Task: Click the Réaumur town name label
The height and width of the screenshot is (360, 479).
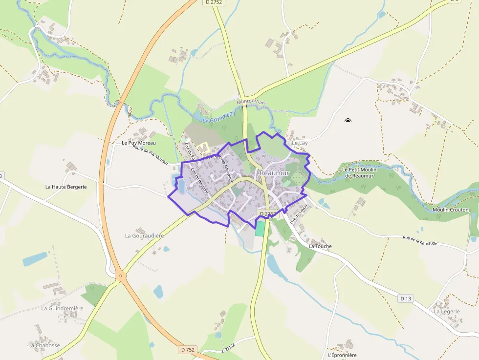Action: [275, 173]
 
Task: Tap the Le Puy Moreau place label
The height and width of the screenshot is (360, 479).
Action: [138, 143]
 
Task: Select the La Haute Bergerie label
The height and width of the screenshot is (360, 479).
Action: [66, 187]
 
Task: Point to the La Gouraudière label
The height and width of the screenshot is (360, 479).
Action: [144, 235]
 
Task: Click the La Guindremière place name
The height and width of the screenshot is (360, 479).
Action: [62, 308]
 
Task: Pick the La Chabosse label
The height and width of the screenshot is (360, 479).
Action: [44, 345]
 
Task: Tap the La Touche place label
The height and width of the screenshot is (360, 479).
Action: [320, 246]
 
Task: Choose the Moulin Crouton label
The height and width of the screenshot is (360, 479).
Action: [450, 210]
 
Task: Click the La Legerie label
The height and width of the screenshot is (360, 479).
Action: [447, 311]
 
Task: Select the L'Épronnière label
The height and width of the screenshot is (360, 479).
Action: [343, 355]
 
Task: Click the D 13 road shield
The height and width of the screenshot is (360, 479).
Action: [405, 298]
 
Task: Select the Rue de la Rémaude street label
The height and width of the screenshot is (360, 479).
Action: [419, 241]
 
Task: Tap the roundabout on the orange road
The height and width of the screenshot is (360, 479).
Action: [120, 277]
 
